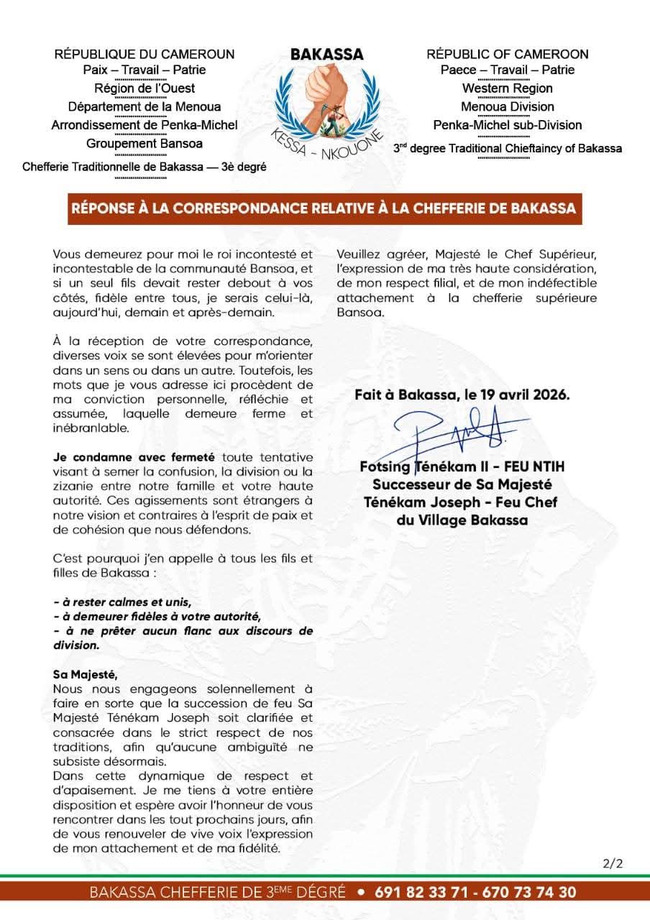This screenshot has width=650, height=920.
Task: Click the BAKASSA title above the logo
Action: [x=326, y=55]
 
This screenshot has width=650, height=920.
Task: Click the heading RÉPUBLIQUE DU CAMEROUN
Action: [x=145, y=54]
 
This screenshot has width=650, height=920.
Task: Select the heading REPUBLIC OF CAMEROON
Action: [x=507, y=54]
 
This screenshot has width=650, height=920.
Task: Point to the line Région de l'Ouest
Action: [x=144, y=88]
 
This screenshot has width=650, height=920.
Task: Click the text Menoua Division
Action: [x=507, y=106]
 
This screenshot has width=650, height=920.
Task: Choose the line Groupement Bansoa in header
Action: [x=144, y=143]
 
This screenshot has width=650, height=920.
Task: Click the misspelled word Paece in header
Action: [x=458, y=70]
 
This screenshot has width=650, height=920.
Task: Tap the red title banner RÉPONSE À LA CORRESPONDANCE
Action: [x=324, y=208]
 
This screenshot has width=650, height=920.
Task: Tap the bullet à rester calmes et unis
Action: [x=122, y=602]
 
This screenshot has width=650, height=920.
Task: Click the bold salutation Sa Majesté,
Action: [x=84, y=674]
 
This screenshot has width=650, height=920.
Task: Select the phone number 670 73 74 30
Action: [x=530, y=892]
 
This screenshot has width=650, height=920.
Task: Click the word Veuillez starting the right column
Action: [x=361, y=254]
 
